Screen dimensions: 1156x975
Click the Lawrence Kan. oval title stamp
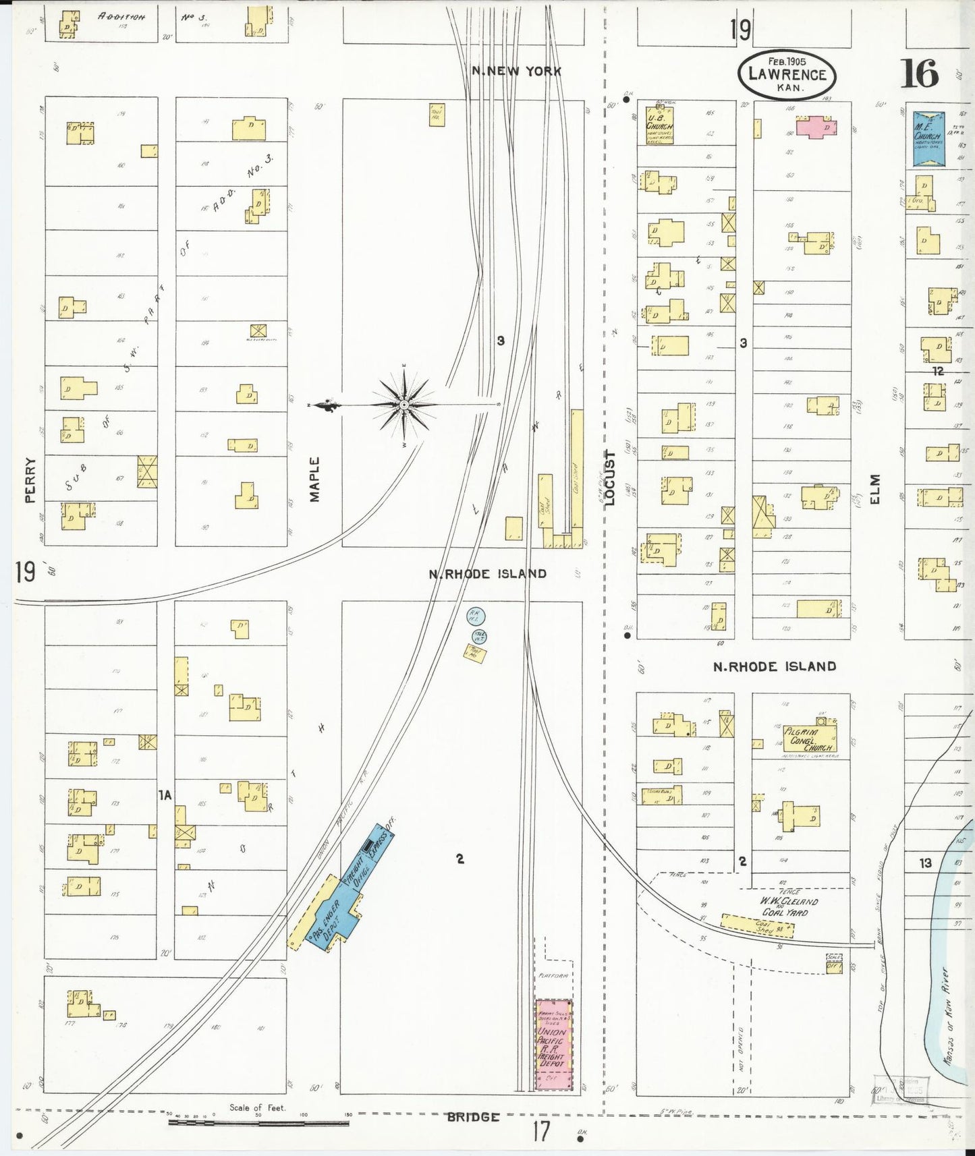pyautogui.click(x=787, y=74)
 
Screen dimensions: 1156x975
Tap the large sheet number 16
pyautogui.click(x=919, y=74)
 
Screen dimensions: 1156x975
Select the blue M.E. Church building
pyautogui.click(x=928, y=138)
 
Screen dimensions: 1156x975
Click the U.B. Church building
pyautogui.click(x=659, y=125)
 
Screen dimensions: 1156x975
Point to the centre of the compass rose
pyautogui.click(x=403, y=405)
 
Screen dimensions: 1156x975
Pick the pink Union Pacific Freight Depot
pyautogui.click(x=553, y=1045)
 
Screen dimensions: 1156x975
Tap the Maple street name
pyautogui.click(x=314, y=480)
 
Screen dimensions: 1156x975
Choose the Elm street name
pyautogui.click(x=875, y=489)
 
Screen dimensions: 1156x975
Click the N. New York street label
pyautogui.click(x=516, y=71)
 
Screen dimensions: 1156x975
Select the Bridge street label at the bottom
pyautogui.click(x=473, y=1117)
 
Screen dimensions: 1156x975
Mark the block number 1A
pyautogui.click(x=165, y=795)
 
